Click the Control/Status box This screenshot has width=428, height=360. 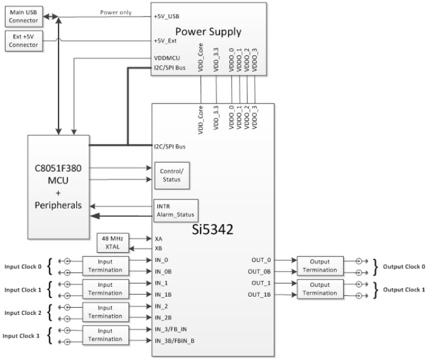point(171,175)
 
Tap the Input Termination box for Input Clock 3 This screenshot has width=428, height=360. point(105,334)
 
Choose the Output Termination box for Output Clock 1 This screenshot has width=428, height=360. point(319,289)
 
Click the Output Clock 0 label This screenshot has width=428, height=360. point(403,266)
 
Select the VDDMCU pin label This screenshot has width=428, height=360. point(166,58)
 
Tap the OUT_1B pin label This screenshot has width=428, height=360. point(259,295)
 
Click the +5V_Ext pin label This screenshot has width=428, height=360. point(166,41)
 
